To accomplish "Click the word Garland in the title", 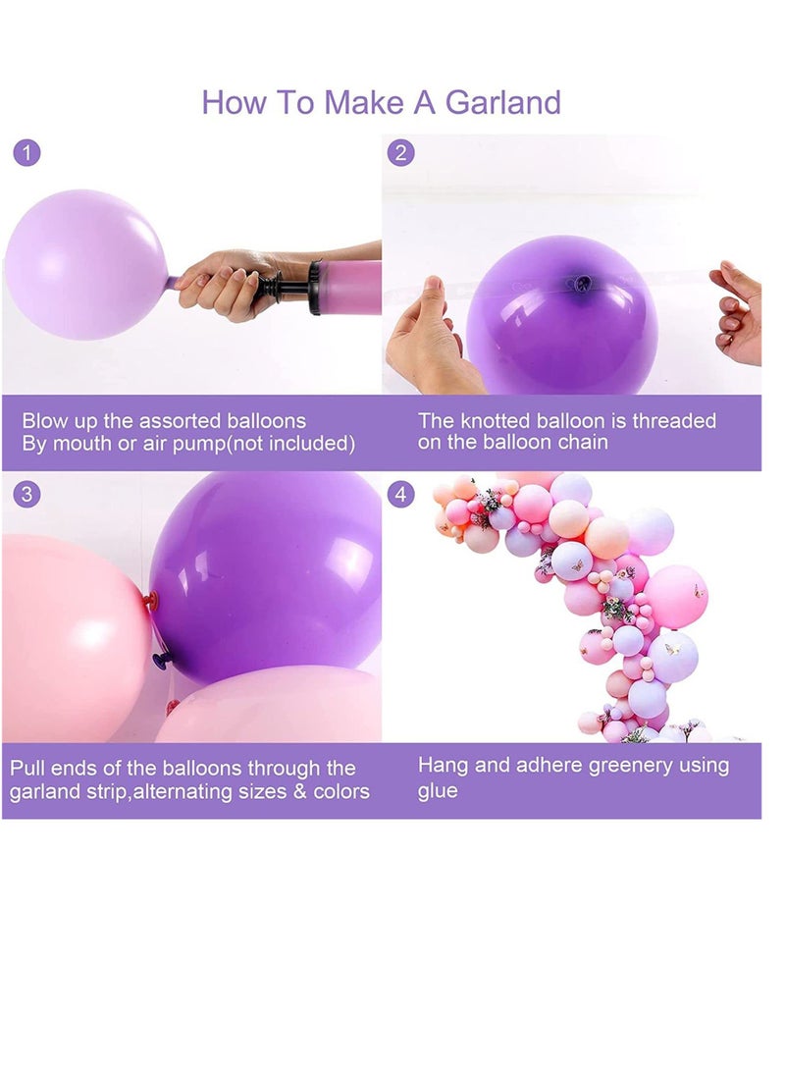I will (x=502, y=102).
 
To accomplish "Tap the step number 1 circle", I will (x=27, y=154).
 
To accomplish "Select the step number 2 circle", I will (x=400, y=154).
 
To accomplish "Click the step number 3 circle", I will (x=27, y=494).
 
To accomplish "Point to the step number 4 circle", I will (x=400, y=494).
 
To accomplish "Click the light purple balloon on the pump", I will (x=85, y=264).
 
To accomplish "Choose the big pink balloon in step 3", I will (x=69, y=638).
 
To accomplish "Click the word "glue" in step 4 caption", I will (x=438, y=791).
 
